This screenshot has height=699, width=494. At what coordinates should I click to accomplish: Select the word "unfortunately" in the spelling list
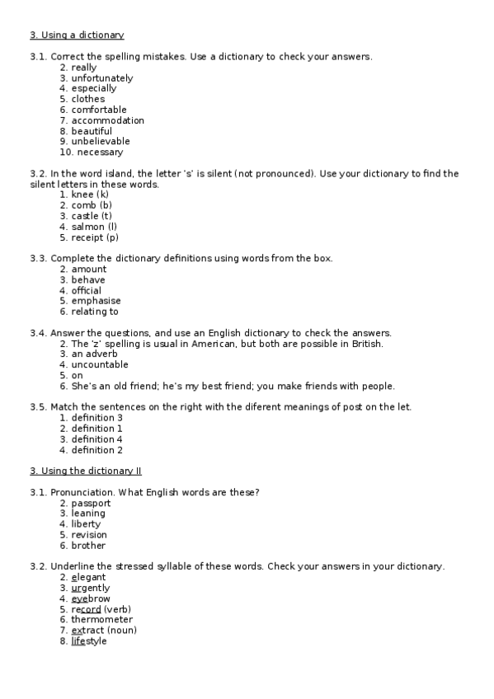click(101, 78)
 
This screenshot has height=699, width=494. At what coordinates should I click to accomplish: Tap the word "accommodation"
click(107, 120)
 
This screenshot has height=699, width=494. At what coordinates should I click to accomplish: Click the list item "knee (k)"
click(90, 195)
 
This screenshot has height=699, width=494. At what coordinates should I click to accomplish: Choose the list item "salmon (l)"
click(94, 227)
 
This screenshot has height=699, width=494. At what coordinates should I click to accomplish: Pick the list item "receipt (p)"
click(95, 237)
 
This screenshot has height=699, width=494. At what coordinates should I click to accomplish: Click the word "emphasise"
click(96, 301)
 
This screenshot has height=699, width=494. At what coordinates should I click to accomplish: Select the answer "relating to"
click(95, 312)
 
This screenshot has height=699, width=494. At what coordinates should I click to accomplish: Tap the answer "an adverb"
click(94, 354)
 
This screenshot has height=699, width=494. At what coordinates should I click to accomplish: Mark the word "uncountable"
click(100, 365)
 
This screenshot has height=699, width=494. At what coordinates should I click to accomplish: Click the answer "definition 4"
click(96, 439)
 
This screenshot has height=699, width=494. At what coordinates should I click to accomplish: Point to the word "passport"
click(90, 503)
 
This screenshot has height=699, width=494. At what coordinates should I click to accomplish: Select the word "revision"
click(89, 535)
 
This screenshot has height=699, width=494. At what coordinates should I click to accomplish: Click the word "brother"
click(88, 546)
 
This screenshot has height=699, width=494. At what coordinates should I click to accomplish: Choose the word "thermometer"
click(101, 620)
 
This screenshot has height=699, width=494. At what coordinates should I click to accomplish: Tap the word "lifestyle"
click(89, 641)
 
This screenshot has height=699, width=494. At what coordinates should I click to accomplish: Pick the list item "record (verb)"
click(101, 609)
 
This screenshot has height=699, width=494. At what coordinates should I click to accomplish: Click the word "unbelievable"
click(101, 142)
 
